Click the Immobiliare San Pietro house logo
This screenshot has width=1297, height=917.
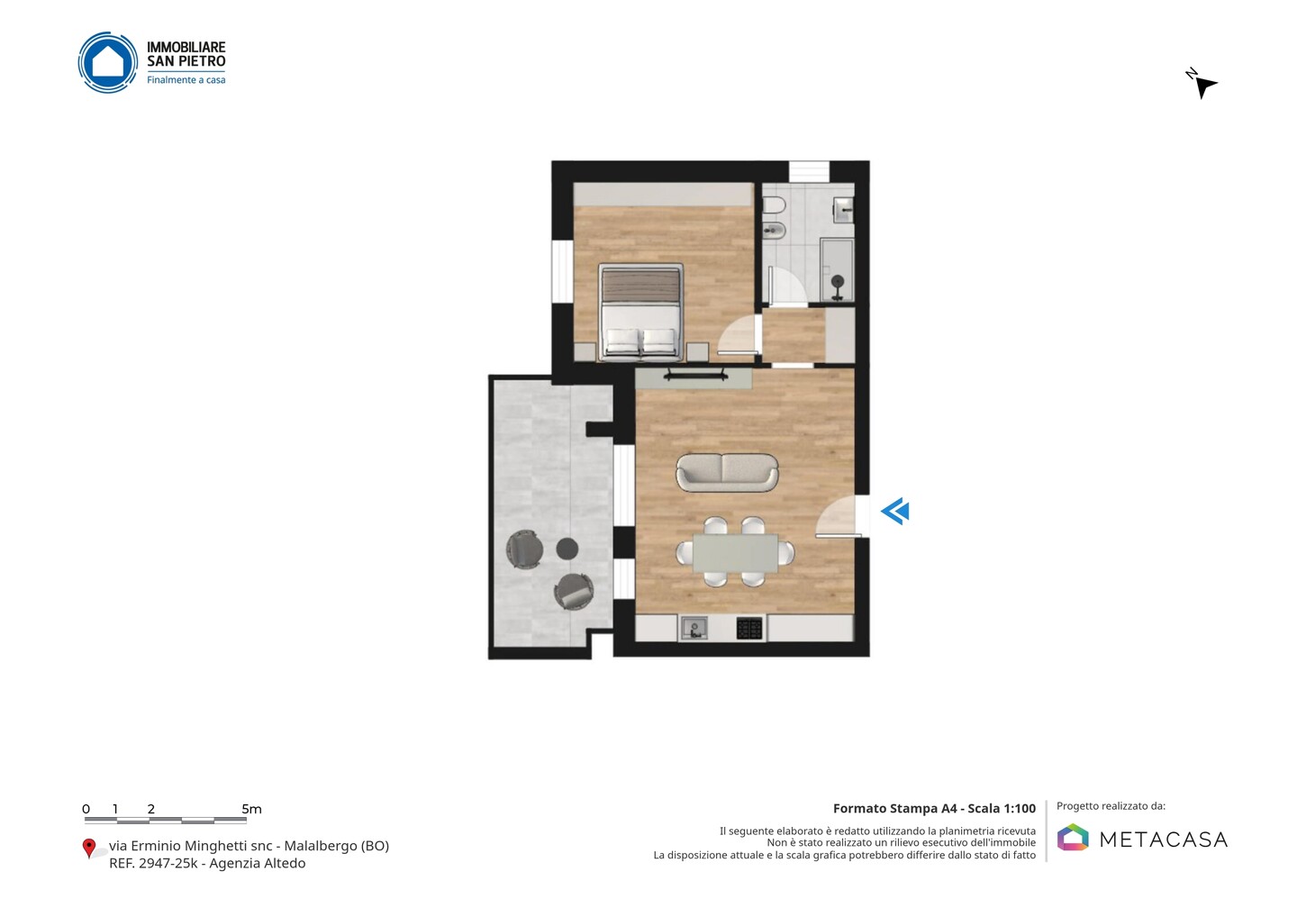pyautogui.click(x=108, y=62)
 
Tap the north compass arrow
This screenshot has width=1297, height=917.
pyautogui.click(x=1204, y=86)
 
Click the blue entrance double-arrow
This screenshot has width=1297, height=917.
pyautogui.click(x=895, y=512)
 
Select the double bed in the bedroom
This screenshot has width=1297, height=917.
pyautogui.click(x=640, y=312)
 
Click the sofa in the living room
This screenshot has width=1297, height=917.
pyautogui.click(x=727, y=472)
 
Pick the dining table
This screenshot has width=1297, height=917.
pyautogui.click(x=735, y=553)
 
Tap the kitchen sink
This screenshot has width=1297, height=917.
pyautogui.click(x=694, y=628)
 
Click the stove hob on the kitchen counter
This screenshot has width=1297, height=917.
pyautogui.click(x=749, y=629)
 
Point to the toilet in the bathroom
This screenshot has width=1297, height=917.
pyautogui.click(x=774, y=205)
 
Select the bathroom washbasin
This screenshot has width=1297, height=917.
pyautogui.click(x=843, y=210)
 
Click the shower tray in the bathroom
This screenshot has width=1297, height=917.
pyautogui.click(x=838, y=270)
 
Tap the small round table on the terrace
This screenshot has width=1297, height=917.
pyautogui.click(x=567, y=549)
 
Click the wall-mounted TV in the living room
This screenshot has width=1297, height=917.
pyautogui.click(x=695, y=376)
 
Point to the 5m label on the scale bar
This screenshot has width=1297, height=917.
pyautogui.click(x=252, y=809)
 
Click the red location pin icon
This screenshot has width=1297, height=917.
pyautogui.click(x=88, y=849)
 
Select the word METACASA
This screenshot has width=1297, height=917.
pyautogui.click(x=1164, y=840)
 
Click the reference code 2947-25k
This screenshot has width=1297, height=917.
pyautogui.click(x=168, y=863)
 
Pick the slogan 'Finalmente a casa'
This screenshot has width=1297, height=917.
pyautogui.click(x=186, y=80)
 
